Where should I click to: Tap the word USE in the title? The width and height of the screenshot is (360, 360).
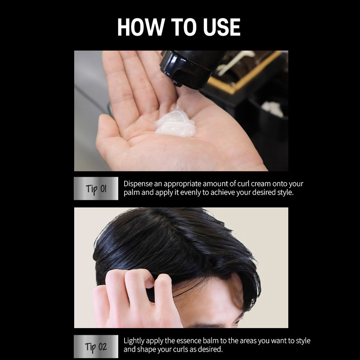pyautogui.click(x=220, y=27)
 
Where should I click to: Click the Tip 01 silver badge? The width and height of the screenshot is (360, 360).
pyautogui.click(x=96, y=188)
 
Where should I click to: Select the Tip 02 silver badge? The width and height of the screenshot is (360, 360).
pyautogui.click(x=96, y=347)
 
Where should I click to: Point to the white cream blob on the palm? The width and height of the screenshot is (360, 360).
pyautogui.click(x=176, y=124)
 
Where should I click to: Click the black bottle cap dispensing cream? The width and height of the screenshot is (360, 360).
pyautogui.click(x=187, y=68)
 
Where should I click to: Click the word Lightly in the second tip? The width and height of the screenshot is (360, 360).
pyautogui.click(x=135, y=341)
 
